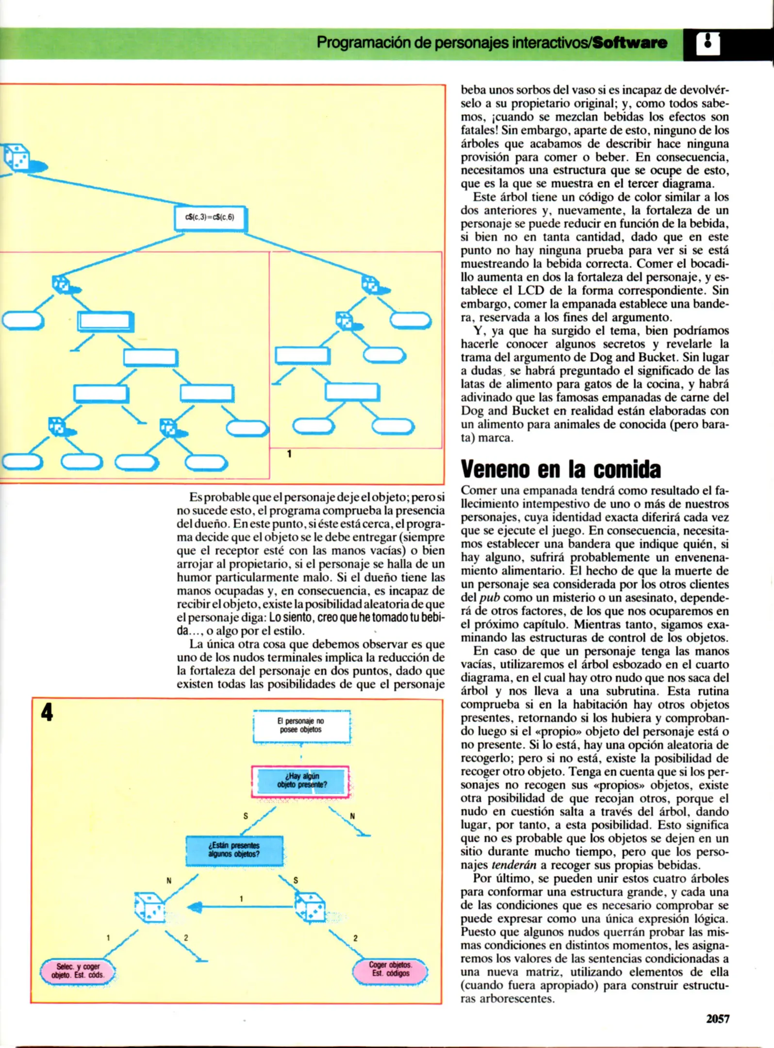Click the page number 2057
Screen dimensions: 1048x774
717,1019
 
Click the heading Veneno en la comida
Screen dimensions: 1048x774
560,469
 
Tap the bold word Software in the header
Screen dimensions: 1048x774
630,43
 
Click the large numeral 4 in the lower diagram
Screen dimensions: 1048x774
47,712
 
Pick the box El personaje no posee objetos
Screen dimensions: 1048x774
301,726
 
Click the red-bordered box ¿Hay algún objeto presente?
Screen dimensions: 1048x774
300,781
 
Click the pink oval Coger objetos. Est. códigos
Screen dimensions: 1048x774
390,969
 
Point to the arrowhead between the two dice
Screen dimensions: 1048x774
195,907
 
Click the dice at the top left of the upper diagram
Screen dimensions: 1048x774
16,157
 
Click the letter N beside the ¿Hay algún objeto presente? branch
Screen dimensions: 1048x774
352,816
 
